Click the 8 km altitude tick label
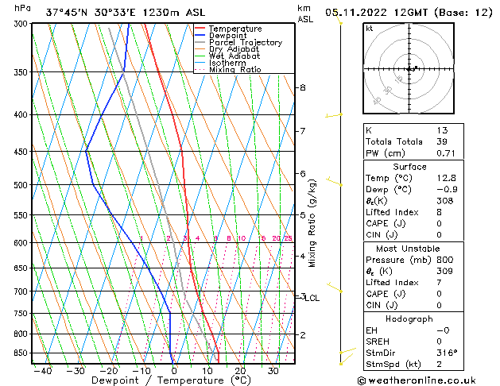(302, 87)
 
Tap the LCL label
(312, 298)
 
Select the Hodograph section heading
(409, 318)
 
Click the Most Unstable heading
(409, 249)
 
